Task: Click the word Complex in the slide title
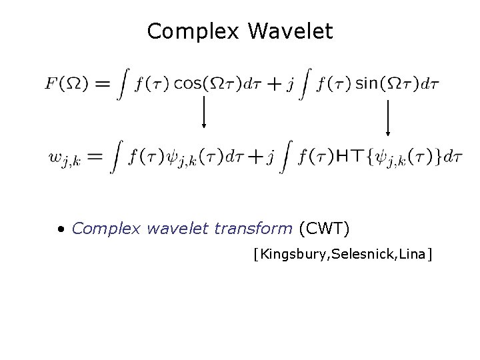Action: pos(189,31)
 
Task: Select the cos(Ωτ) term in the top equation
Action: pos(203,84)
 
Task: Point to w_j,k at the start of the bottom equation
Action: pos(65,159)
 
